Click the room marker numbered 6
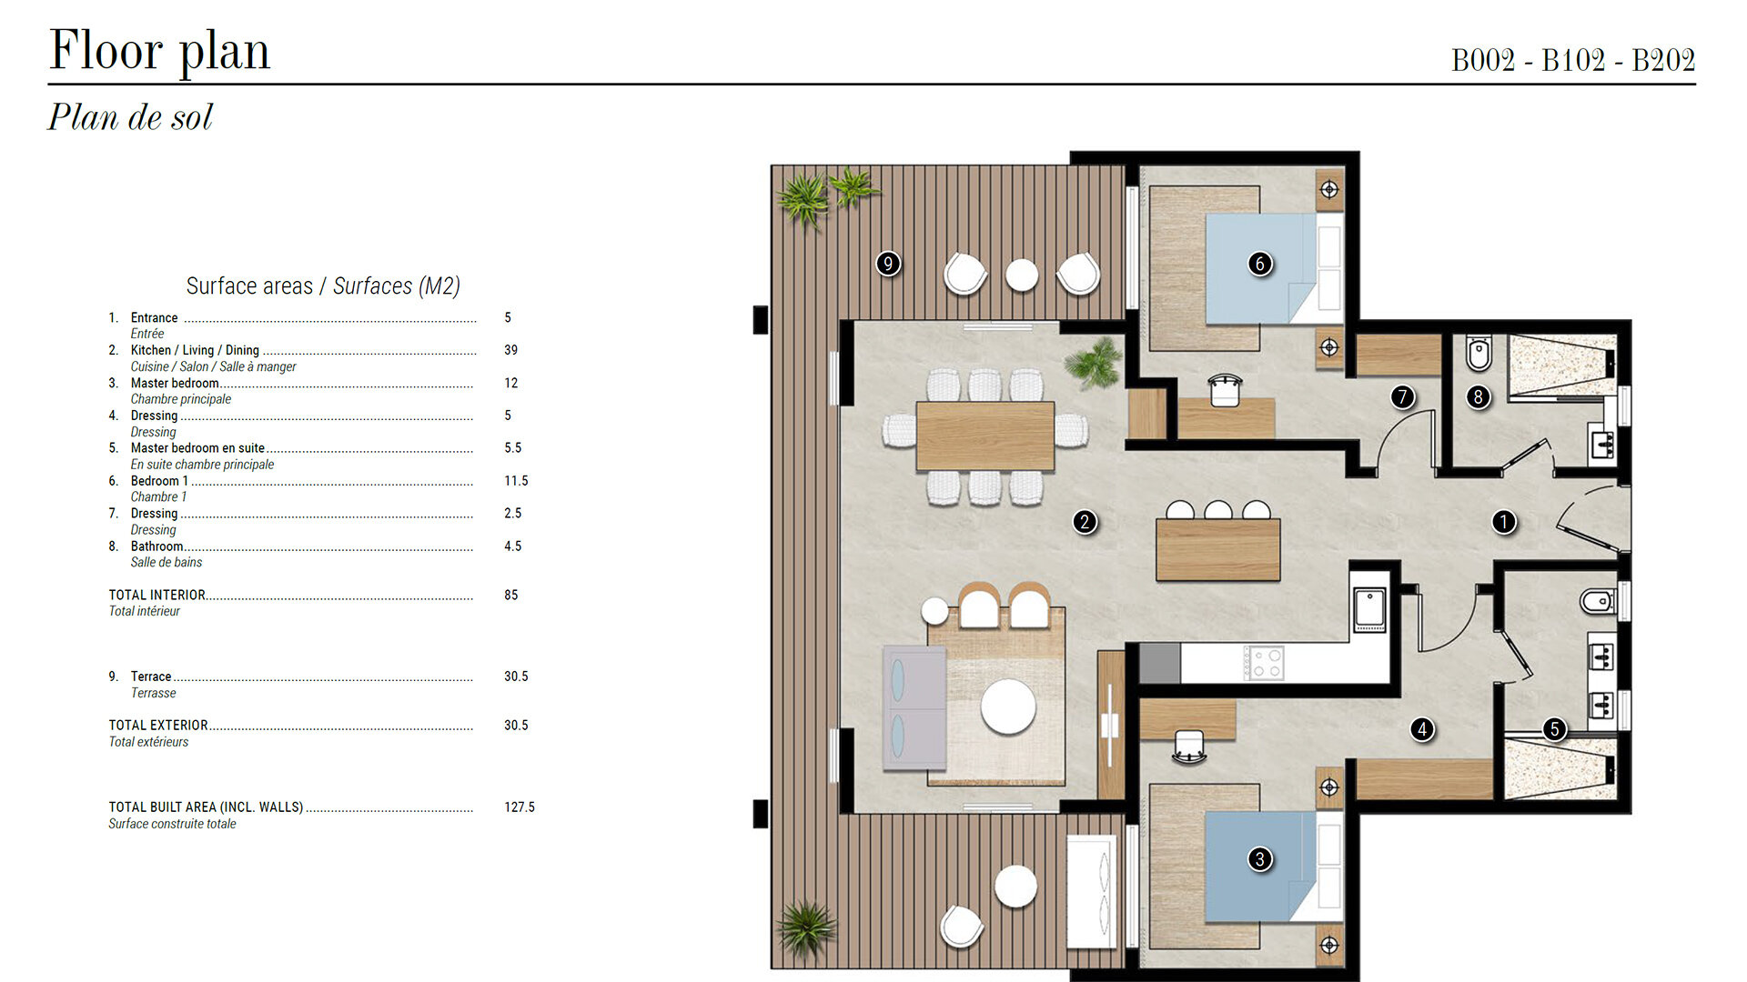[x=1259, y=264]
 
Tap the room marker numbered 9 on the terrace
[x=888, y=264]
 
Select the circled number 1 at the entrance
[x=1504, y=522]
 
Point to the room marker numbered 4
[x=1422, y=729]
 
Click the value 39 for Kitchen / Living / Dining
[x=511, y=350]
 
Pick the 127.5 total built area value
[x=520, y=807]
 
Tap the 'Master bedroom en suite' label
[x=197, y=448]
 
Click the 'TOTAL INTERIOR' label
[x=157, y=596]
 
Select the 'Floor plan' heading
[x=160, y=51]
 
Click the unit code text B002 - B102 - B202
[x=1573, y=60]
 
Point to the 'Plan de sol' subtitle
[x=130, y=117]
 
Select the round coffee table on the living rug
[x=1008, y=706]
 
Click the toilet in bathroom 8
[x=1479, y=354]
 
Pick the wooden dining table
[x=985, y=436]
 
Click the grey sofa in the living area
[x=914, y=708]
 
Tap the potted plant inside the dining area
[x=1095, y=363]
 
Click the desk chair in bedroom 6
[x=1226, y=390]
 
